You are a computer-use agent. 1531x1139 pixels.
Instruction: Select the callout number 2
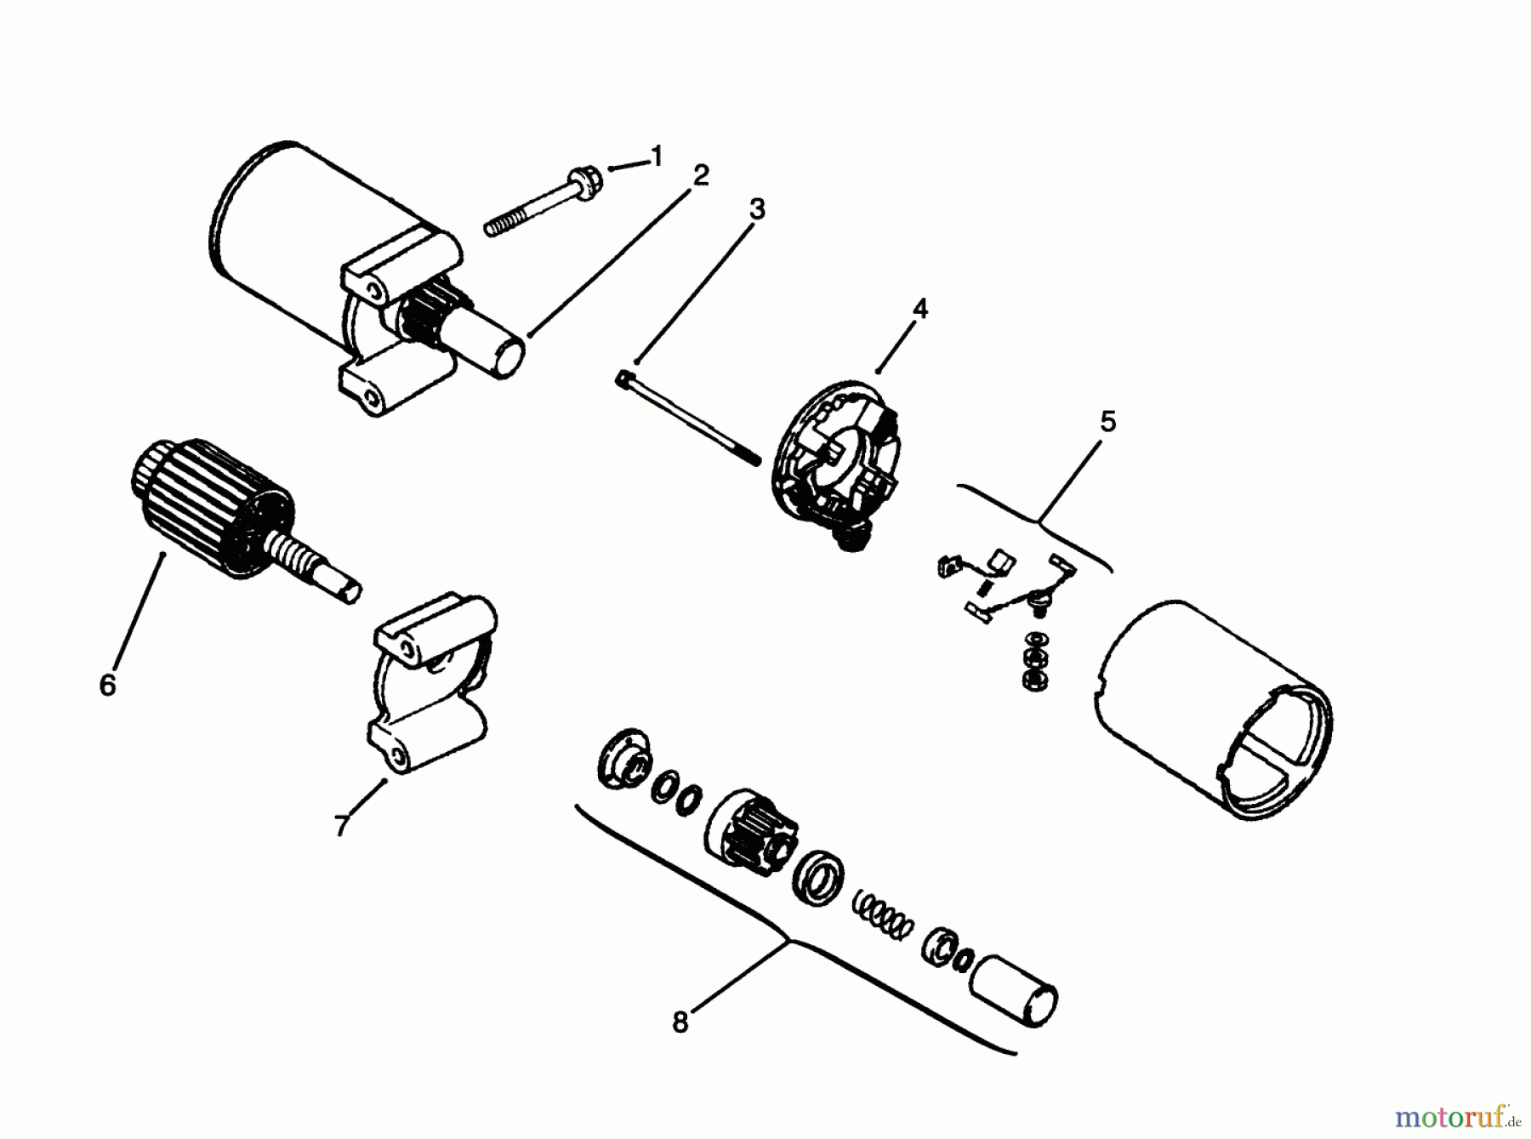(x=700, y=175)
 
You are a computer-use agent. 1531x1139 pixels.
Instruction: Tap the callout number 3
(x=756, y=208)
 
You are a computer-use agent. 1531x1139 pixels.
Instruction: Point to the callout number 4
(x=919, y=310)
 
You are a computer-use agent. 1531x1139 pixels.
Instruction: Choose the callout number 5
(x=1107, y=421)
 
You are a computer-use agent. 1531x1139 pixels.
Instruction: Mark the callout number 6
(x=107, y=685)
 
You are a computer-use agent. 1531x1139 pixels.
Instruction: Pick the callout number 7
(x=341, y=824)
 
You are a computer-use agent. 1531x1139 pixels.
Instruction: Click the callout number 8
(x=680, y=1022)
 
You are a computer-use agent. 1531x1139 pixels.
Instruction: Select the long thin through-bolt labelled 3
(x=686, y=417)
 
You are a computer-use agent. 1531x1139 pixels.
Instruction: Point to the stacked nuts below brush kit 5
(x=1035, y=660)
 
